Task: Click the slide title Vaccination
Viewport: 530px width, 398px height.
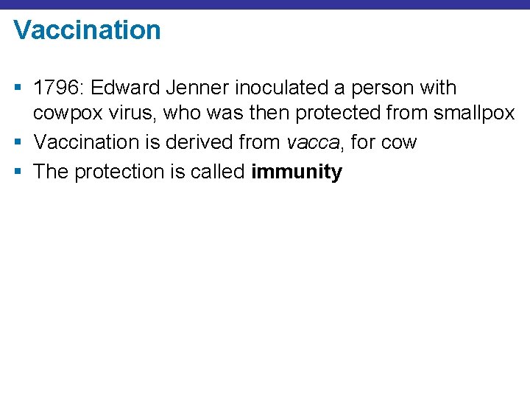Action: [87, 30]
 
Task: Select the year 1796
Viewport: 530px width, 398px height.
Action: [58, 88]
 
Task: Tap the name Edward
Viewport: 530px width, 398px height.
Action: [129, 88]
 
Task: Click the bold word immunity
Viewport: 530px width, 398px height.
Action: [297, 172]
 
